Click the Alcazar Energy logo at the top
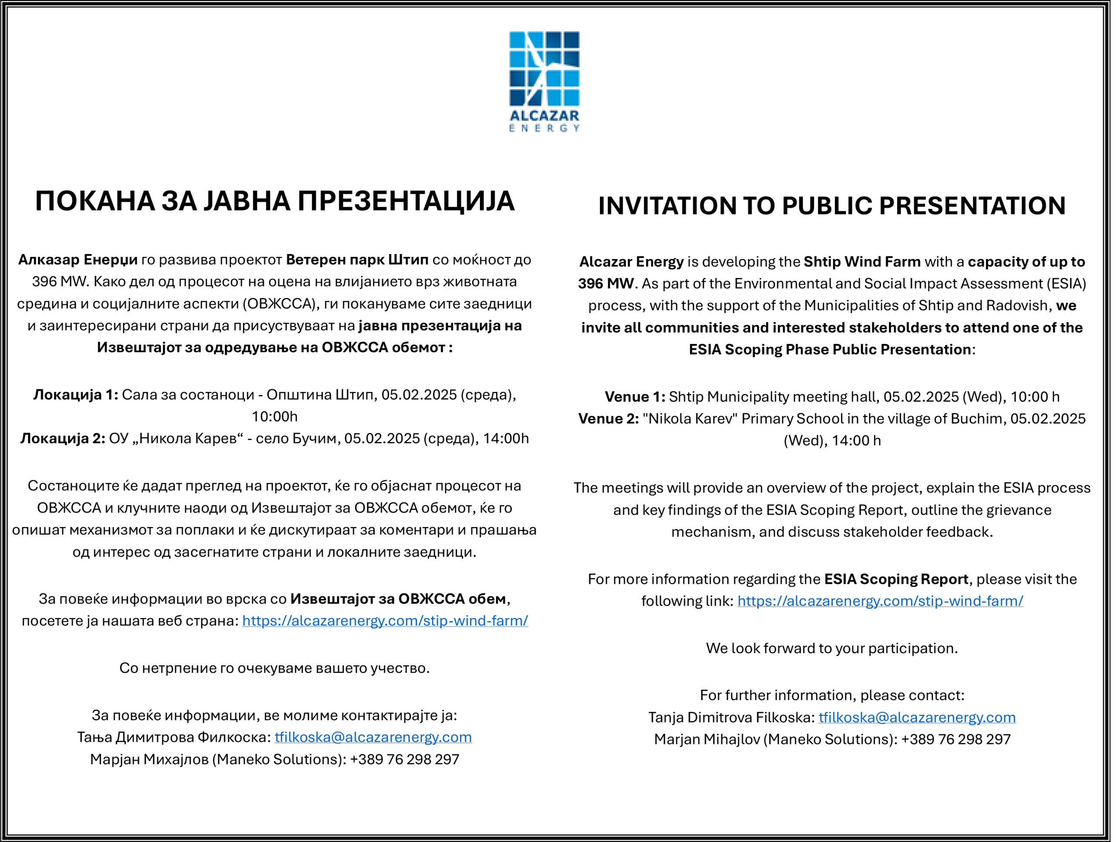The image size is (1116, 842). tap(544, 81)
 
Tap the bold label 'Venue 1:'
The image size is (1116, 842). tap(635, 396)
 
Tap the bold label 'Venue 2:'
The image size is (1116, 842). tap(608, 419)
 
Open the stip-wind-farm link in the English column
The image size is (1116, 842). tap(880, 601)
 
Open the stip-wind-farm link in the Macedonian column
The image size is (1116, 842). tap(385, 620)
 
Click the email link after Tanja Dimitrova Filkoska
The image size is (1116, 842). tap(917, 717)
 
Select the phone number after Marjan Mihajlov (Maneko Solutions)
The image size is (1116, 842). tap(956, 739)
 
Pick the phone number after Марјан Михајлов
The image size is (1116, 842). tap(404, 759)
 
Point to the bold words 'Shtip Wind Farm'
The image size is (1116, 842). tap(862, 261)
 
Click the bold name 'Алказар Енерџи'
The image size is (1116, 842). tap(78, 260)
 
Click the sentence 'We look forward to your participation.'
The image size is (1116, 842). tap(831, 648)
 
